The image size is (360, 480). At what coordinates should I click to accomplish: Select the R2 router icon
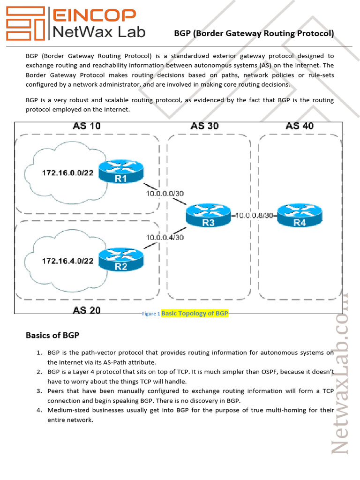[120, 260]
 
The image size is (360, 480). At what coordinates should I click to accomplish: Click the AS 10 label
[86, 126]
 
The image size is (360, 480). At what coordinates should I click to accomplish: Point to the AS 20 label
[86, 310]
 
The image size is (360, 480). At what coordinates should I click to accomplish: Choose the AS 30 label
[204, 126]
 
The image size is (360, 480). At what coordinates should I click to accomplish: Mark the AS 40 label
[300, 126]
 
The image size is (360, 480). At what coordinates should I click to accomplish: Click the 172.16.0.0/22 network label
[67, 173]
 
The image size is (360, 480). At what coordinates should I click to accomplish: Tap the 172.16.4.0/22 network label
[67, 261]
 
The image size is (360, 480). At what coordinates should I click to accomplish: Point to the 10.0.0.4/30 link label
[164, 237]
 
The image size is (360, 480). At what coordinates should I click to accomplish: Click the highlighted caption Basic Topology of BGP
[195, 313]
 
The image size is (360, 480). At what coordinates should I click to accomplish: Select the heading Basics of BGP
[52, 335]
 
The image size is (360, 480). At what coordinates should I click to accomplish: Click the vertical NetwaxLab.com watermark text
[342, 375]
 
